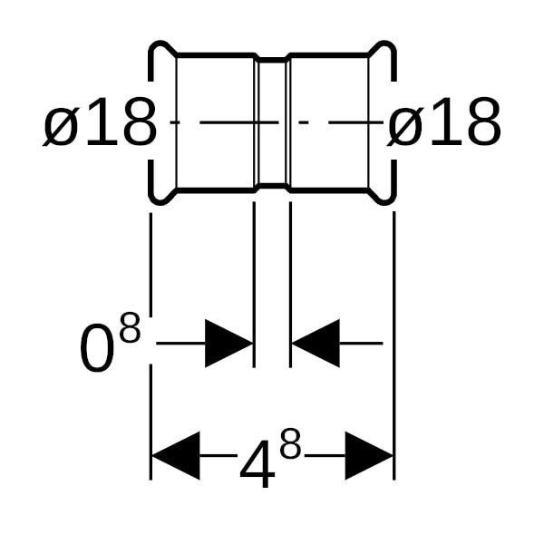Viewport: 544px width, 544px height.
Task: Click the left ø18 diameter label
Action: click(x=100, y=121)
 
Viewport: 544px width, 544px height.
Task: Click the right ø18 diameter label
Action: click(x=444, y=121)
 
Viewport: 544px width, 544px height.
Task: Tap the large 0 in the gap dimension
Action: click(x=97, y=347)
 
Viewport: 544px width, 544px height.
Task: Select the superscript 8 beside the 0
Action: click(x=130, y=326)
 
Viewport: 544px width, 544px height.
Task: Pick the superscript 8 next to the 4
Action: click(x=290, y=443)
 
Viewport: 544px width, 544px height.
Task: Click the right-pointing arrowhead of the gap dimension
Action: click(x=229, y=343)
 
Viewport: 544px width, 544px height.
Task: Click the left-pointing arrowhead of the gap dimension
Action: click(x=316, y=343)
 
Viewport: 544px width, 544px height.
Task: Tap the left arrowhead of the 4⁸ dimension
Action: click(x=176, y=455)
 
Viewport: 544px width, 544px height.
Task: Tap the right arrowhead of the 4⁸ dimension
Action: click(x=369, y=455)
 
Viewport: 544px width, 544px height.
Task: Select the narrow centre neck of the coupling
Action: click(x=273, y=122)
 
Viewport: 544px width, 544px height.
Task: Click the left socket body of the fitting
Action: click(x=216, y=122)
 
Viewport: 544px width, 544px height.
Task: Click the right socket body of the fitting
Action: click(x=330, y=122)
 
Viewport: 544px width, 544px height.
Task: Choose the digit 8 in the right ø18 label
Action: click(x=483, y=121)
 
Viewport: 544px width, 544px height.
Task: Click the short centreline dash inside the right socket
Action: click(x=304, y=122)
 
